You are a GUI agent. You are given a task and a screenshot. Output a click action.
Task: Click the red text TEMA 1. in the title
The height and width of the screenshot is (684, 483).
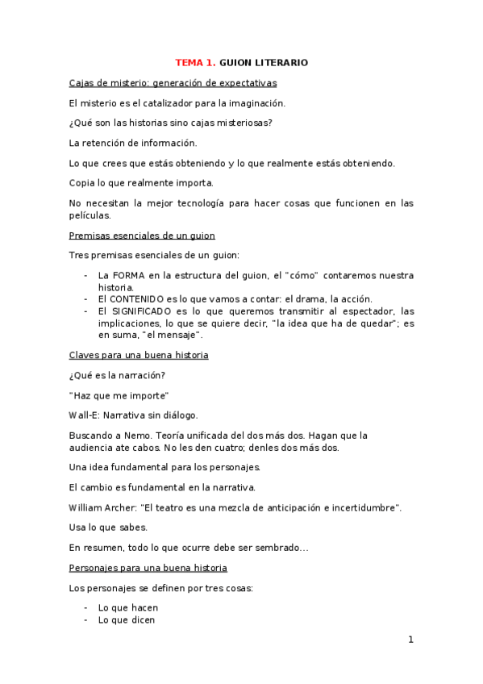pyautogui.click(x=196, y=62)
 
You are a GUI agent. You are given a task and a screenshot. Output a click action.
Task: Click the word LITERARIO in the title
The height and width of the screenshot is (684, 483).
pyautogui.click(x=281, y=62)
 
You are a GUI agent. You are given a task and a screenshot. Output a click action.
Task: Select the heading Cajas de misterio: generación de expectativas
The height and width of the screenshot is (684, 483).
pyautogui.click(x=173, y=82)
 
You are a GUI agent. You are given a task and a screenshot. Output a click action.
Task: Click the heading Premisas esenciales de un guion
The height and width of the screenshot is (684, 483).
pyautogui.click(x=142, y=236)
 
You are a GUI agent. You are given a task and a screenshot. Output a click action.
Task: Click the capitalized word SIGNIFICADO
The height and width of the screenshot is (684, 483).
pyautogui.click(x=146, y=311)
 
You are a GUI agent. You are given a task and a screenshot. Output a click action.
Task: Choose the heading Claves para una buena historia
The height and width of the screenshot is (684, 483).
pyautogui.click(x=139, y=355)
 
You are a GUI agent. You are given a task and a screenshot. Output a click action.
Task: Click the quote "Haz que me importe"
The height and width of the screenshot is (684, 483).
pyautogui.click(x=119, y=395)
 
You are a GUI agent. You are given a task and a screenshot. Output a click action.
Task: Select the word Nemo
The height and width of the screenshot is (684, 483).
pyautogui.click(x=131, y=436)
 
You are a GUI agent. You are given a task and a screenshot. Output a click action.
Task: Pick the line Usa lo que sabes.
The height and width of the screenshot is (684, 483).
pyautogui.click(x=108, y=528)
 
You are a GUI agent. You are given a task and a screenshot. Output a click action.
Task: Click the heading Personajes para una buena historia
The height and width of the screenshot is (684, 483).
pyautogui.click(x=148, y=568)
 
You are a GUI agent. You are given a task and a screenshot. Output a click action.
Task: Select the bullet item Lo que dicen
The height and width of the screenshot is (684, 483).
pyautogui.click(x=127, y=620)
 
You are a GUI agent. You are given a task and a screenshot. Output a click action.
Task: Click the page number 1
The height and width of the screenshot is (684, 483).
pyautogui.click(x=410, y=640)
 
